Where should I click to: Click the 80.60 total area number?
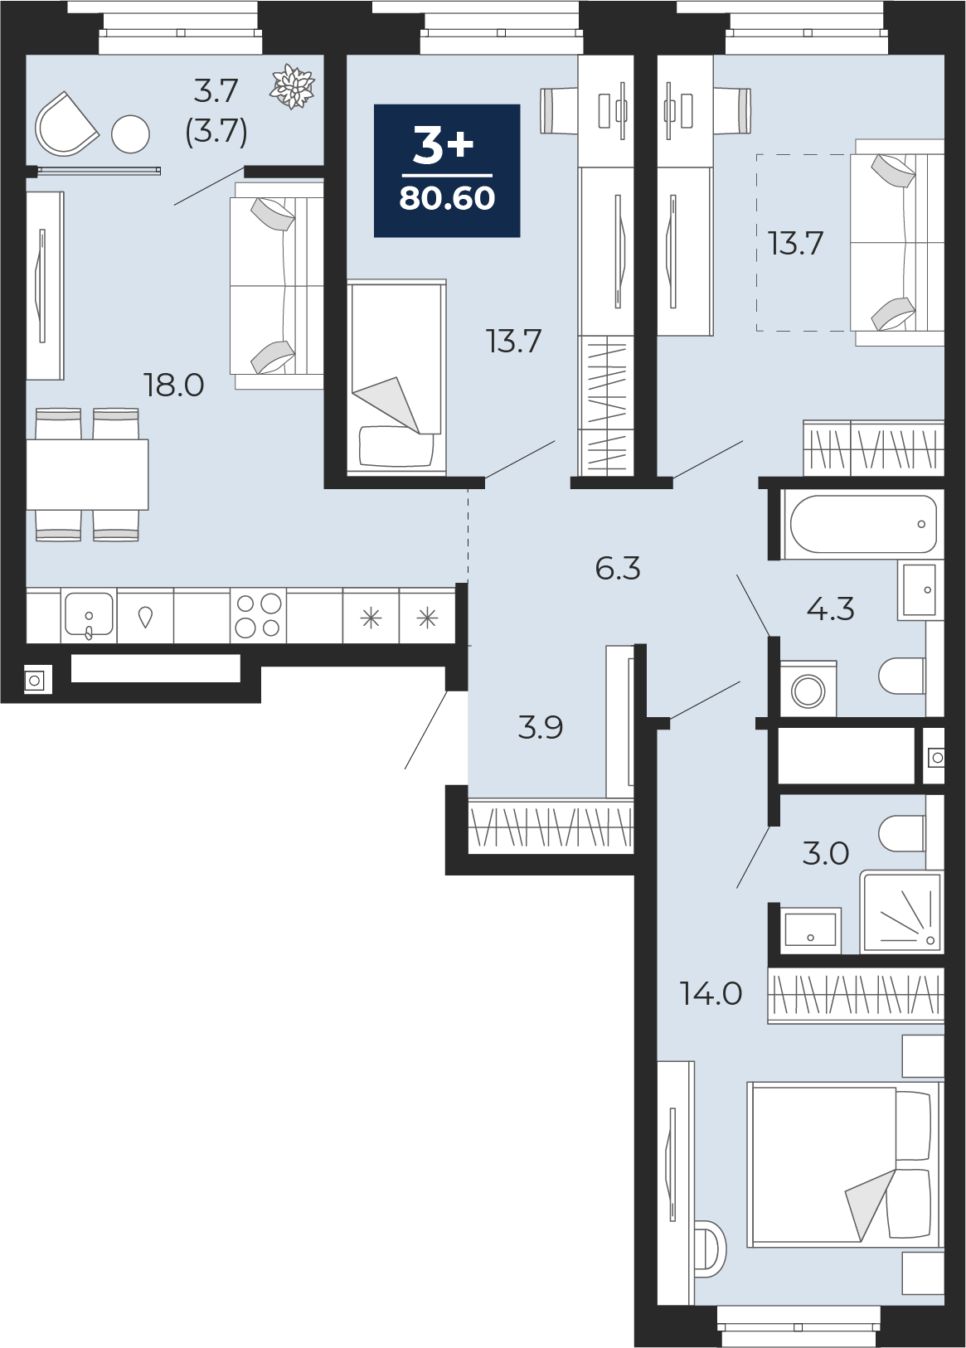447,198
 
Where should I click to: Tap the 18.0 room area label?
173,385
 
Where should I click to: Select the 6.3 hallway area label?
618,568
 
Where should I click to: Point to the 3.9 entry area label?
540,728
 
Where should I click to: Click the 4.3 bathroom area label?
830,609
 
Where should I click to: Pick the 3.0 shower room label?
825,853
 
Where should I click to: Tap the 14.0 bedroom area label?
711,993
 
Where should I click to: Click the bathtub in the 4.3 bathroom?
862,524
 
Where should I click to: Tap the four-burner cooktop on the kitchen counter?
258,615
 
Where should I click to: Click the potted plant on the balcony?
294,87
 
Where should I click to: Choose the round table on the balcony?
130,133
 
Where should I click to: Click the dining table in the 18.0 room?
87,475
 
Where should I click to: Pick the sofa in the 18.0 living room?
276,286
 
